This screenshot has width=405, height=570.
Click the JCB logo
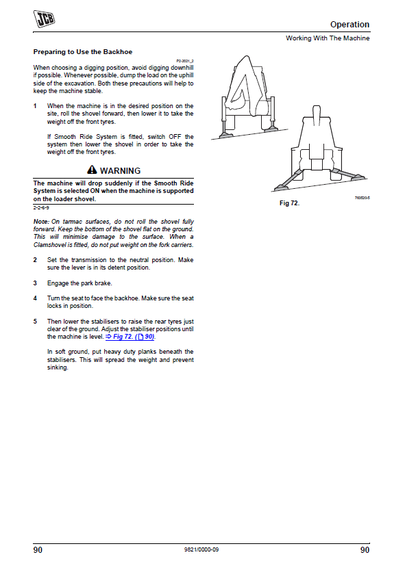click(x=44, y=18)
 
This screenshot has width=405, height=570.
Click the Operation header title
click(x=349, y=25)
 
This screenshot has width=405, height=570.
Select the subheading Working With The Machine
click(x=328, y=38)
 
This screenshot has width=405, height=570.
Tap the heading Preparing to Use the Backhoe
click(x=83, y=51)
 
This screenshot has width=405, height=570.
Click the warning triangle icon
click(x=92, y=170)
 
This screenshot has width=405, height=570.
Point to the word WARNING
click(x=120, y=170)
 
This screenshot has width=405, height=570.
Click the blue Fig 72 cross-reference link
click(x=130, y=337)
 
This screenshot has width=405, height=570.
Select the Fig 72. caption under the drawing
click(x=289, y=203)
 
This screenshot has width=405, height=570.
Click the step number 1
click(x=35, y=106)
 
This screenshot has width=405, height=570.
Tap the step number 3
click(x=35, y=283)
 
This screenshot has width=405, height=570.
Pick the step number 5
click(x=35, y=322)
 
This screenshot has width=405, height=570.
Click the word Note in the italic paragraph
click(x=41, y=222)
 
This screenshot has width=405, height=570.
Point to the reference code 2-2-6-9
click(x=41, y=207)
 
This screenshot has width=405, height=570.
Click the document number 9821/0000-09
click(x=201, y=549)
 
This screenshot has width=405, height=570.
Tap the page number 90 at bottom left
click(x=38, y=550)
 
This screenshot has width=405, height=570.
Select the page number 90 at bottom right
click(x=365, y=550)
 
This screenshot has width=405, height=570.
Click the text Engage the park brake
click(x=79, y=283)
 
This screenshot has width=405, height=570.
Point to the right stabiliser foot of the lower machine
click(x=358, y=177)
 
